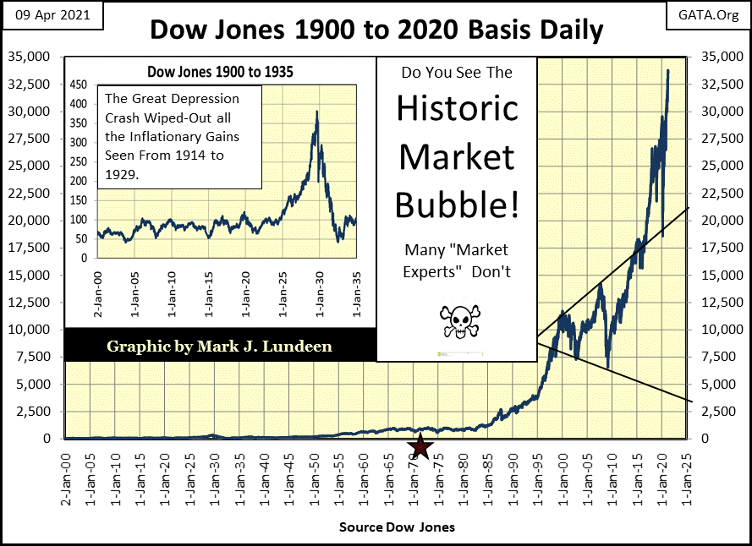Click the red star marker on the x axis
tap(420, 446)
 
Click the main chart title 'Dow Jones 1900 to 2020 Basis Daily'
tap(376, 30)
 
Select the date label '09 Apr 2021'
tap(51, 15)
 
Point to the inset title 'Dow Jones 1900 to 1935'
tap(220, 72)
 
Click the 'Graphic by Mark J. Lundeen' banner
tap(219, 346)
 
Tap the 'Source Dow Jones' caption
tap(397, 527)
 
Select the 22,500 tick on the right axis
tap(716, 193)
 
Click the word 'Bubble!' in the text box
tap(457, 206)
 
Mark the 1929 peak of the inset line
tap(316, 111)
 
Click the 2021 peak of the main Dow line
tap(668, 70)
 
